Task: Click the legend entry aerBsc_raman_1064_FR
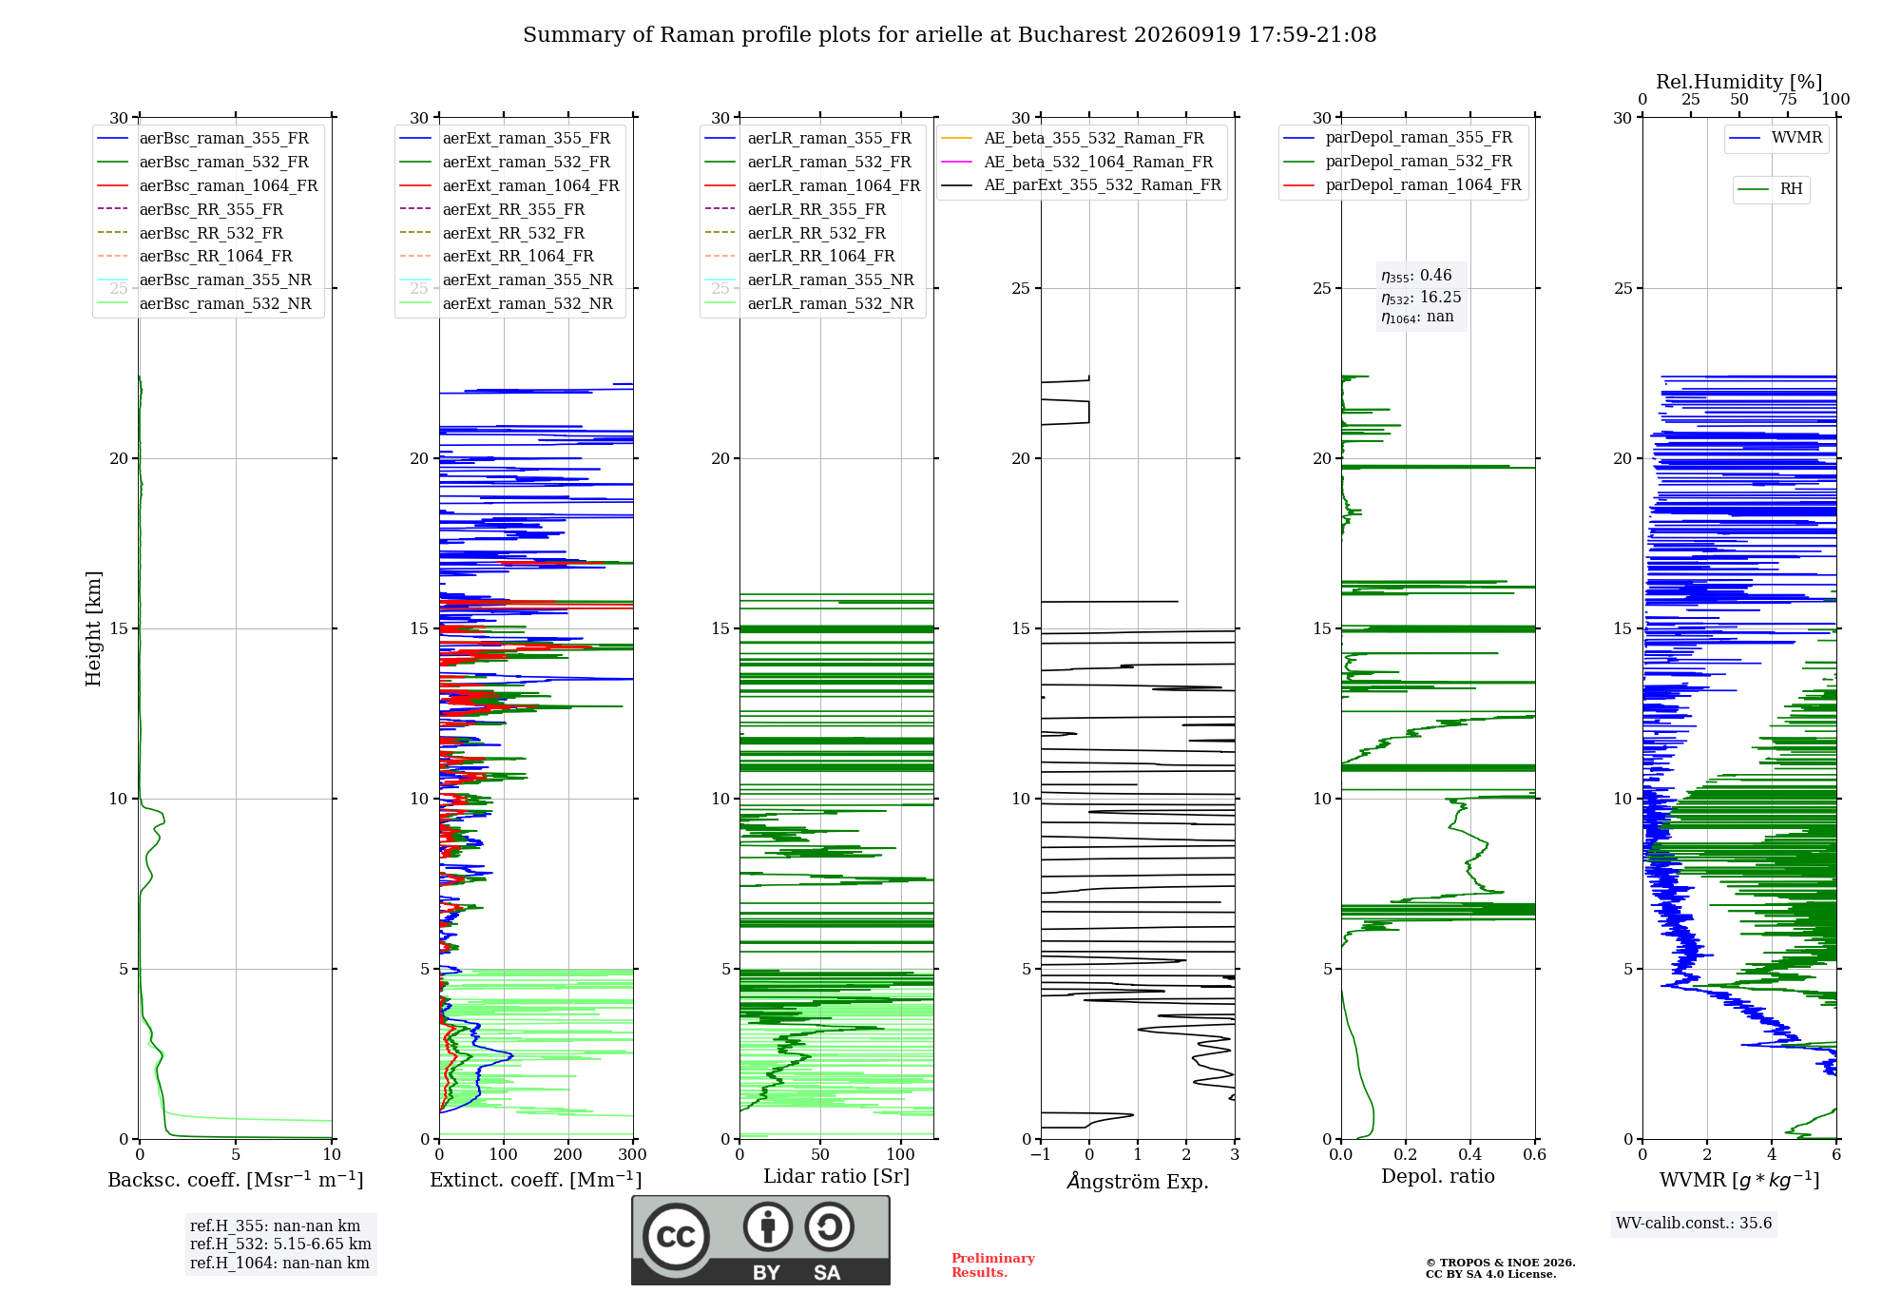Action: tap(207, 185)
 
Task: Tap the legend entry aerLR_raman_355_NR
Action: tap(809, 280)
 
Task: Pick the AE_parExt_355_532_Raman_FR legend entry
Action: tap(1082, 184)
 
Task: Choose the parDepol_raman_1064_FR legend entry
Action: tap(1402, 184)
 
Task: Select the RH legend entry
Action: tap(1770, 189)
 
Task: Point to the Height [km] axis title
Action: tap(93, 628)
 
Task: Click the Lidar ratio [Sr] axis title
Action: tap(836, 1176)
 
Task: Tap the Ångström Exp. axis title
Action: tap(1138, 1181)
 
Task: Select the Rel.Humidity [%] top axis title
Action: tap(1739, 82)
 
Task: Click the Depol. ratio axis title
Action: tap(1438, 1176)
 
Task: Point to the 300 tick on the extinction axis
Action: tap(633, 1154)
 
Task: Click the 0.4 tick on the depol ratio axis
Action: tap(1470, 1154)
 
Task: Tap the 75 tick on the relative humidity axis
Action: tap(1788, 99)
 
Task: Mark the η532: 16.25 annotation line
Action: tap(1421, 297)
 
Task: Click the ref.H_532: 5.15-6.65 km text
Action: tap(280, 1244)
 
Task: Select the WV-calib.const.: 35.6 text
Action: tap(1694, 1223)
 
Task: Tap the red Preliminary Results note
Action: tap(993, 1265)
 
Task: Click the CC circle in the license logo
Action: tap(676, 1236)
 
